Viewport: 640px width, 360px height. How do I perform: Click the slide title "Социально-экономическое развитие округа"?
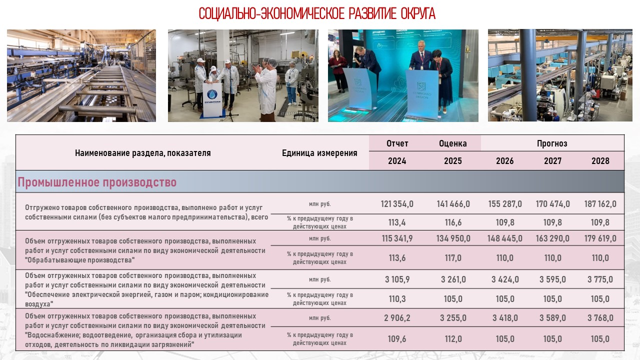click(317, 13)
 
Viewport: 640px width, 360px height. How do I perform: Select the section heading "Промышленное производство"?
click(97, 182)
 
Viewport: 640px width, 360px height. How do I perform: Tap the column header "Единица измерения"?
click(319, 153)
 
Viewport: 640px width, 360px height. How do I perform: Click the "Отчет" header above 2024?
click(397, 143)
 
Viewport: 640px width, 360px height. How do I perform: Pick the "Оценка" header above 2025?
click(452, 143)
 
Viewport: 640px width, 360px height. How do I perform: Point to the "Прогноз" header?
click(552, 143)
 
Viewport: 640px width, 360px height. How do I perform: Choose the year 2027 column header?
click(552, 161)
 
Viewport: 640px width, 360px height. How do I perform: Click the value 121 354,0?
click(397, 204)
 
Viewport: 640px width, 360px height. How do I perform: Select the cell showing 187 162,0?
click(600, 204)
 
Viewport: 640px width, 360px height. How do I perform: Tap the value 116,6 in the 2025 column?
click(452, 222)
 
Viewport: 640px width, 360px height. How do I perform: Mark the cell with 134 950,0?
click(452, 238)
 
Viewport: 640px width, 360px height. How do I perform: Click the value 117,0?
click(452, 258)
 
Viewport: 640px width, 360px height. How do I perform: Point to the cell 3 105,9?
click(397, 279)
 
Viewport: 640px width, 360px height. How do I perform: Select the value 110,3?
click(397, 299)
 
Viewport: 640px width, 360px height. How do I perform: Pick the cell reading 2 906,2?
click(397, 318)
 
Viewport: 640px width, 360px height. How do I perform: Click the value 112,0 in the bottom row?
click(452, 339)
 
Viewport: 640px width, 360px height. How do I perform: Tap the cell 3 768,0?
click(600, 318)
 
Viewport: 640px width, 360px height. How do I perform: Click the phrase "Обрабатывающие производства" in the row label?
click(80, 260)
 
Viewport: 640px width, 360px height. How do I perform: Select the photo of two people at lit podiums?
click(403, 75)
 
